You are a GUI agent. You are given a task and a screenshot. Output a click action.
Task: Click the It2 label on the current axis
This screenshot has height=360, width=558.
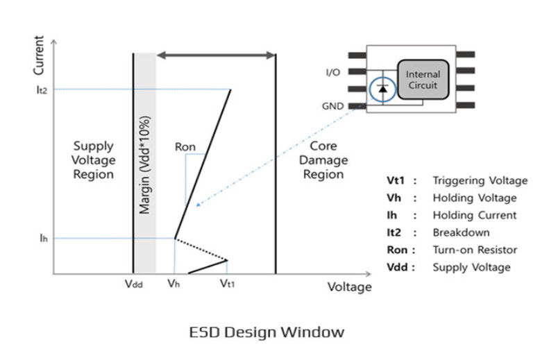[x=42, y=89]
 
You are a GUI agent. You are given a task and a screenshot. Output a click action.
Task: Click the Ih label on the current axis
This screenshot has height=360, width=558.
[x=44, y=238]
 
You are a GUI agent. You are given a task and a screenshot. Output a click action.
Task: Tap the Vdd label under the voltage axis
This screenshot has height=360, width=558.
[x=134, y=284]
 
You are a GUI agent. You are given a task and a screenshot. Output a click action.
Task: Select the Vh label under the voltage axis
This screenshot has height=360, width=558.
[x=174, y=284]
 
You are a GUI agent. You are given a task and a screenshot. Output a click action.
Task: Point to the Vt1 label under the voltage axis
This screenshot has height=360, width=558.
[x=227, y=284]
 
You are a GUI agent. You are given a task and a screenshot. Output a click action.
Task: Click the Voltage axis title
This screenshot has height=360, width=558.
[x=350, y=286]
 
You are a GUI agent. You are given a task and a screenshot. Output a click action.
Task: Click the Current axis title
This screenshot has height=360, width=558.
[x=38, y=55]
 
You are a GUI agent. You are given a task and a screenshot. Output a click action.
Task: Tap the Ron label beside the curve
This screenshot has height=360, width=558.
[x=185, y=147]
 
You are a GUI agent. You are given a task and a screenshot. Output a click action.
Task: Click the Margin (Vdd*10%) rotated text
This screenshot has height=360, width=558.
[x=145, y=165]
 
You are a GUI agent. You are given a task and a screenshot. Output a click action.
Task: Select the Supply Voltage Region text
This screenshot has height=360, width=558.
[x=93, y=160]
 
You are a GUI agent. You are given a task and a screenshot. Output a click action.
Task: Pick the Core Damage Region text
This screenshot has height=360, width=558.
[x=323, y=160]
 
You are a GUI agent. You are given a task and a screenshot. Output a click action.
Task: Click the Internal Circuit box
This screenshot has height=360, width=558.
[x=423, y=79]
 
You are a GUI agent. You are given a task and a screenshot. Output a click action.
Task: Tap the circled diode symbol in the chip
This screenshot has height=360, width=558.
[x=382, y=89]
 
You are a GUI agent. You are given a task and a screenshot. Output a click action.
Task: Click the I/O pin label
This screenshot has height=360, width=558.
[x=333, y=73]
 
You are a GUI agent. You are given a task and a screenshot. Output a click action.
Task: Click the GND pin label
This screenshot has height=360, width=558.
[x=332, y=106]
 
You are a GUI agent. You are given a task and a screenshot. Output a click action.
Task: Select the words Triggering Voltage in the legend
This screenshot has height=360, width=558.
[x=480, y=181]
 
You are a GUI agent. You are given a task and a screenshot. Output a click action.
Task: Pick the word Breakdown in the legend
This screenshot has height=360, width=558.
[x=462, y=232]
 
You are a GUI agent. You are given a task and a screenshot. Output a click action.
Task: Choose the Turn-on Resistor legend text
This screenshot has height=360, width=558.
[x=475, y=250]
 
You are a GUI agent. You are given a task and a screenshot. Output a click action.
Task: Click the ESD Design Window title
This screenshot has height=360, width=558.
[x=267, y=332]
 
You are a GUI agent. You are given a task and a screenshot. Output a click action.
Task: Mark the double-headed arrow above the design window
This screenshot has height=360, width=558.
[x=216, y=55]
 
